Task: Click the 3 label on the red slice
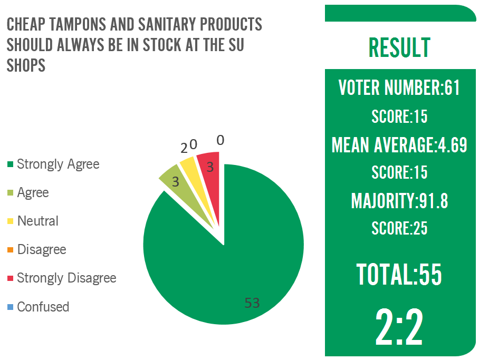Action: point(209,168)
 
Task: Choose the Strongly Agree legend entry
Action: point(58,164)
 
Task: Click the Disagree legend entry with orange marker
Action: point(42,249)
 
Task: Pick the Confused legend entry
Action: point(43,306)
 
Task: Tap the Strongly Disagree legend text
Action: point(66,278)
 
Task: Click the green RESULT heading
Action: point(399,47)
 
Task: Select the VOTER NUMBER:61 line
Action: point(399,87)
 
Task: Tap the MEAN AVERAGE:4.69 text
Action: point(399,144)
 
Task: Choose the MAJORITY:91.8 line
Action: point(399,200)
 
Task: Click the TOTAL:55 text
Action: point(399,275)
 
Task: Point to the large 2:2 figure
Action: point(399,327)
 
